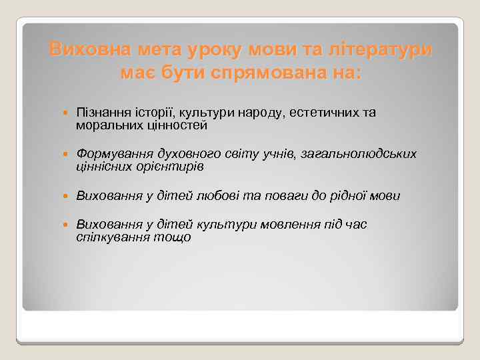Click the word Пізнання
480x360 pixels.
tap(100, 113)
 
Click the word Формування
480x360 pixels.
tap(111, 154)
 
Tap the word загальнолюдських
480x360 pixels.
tap(359, 154)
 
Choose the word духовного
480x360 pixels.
tap(175, 154)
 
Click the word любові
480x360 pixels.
tap(216, 195)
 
